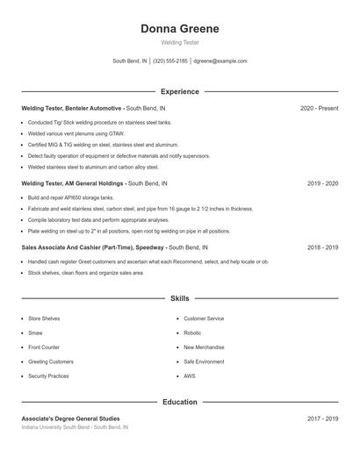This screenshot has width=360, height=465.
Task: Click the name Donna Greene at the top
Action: pyautogui.click(x=180, y=29)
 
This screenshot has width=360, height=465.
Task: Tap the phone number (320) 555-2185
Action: pyautogui.click(x=170, y=61)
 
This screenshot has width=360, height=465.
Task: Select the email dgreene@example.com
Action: pyautogui.click(x=220, y=61)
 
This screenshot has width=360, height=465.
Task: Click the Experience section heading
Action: pyautogui.click(x=180, y=91)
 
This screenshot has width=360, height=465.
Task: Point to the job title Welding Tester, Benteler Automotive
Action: pyautogui.click(x=72, y=108)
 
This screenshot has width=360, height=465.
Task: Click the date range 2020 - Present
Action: pyautogui.click(x=319, y=108)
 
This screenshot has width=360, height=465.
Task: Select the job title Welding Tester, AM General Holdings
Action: pyautogui.click(x=74, y=183)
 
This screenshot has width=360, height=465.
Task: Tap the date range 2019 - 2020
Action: pyautogui.click(x=322, y=183)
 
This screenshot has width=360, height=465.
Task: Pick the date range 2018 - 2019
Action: pyautogui.click(x=322, y=247)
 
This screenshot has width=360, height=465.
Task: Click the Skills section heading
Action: pyautogui.click(x=180, y=299)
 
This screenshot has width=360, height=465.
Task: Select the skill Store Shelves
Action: pyautogui.click(x=45, y=318)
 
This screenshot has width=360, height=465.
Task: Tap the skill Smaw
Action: pyautogui.click(x=36, y=333)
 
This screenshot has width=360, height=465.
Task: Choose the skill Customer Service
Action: pyautogui.click(x=204, y=318)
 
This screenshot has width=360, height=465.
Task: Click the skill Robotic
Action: pyautogui.click(x=192, y=333)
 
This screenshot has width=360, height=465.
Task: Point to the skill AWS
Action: pyautogui.click(x=189, y=376)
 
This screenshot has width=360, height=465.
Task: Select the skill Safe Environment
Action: pyautogui.click(x=205, y=361)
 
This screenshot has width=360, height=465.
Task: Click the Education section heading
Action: pyautogui.click(x=180, y=402)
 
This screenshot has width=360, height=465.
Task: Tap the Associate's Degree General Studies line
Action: pyautogui.click(x=70, y=418)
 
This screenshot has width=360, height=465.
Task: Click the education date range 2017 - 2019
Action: pyautogui.click(x=322, y=418)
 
